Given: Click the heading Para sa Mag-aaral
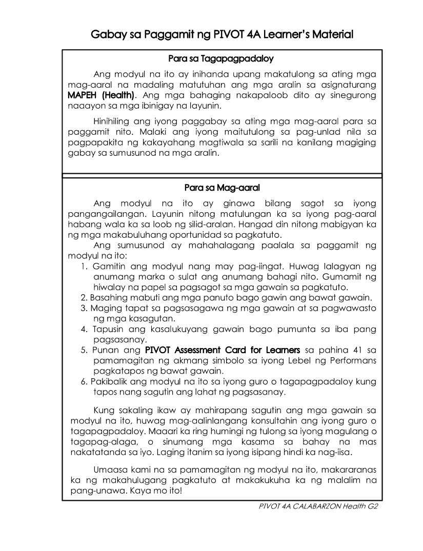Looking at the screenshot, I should pyautogui.click(x=222, y=187).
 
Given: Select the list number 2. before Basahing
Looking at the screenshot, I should pyautogui.click(x=84, y=297).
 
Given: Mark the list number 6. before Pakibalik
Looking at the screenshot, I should pyautogui.click(x=84, y=382).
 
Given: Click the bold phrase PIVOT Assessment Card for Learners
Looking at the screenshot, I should pyautogui.click(x=223, y=350).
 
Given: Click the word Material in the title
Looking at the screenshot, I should pyautogui.click(x=329, y=35).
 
